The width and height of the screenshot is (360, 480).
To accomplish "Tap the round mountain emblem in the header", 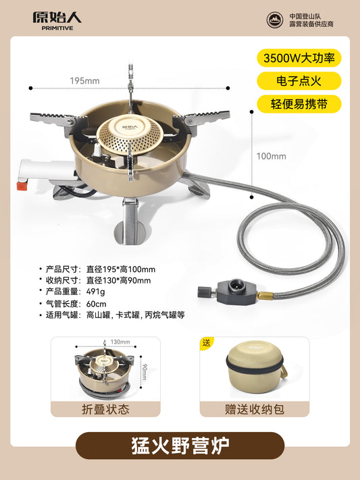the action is (x=274, y=20).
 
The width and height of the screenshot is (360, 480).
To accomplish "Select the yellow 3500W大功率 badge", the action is (x=299, y=58).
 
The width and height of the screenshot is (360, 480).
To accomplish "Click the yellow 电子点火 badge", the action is (x=299, y=81).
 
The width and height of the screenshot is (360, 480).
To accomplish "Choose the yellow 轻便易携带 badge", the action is (x=299, y=104).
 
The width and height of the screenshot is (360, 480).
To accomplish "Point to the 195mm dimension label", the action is (x=85, y=81).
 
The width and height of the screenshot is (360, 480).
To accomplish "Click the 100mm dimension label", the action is (x=272, y=156).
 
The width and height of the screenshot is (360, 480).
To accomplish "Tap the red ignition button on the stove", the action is (x=22, y=186).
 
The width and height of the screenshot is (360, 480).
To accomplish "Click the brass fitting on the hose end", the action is (x=265, y=296).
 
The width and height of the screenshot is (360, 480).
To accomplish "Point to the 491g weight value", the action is (x=96, y=292).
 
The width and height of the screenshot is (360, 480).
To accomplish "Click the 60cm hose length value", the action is (x=96, y=304).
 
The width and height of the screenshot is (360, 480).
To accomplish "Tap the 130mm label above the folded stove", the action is (x=120, y=342).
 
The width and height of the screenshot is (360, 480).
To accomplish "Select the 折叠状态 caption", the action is (x=105, y=409).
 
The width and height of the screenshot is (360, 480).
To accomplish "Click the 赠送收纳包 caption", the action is (x=255, y=409).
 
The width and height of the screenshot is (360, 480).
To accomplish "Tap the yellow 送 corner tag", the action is (x=206, y=343).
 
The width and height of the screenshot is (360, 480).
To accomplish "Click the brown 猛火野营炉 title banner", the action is (x=180, y=446).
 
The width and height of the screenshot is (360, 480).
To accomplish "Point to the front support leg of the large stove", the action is (x=130, y=221).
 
